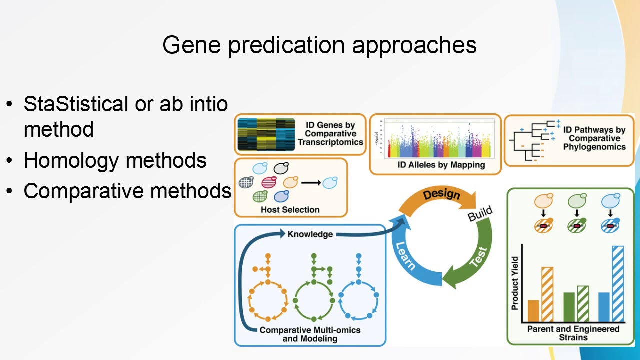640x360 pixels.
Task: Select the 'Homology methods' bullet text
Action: click(115, 160)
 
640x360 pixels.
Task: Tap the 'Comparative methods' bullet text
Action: click(127, 191)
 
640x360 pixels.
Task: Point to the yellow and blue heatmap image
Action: click(266, 134)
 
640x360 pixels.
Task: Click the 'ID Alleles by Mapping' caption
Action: click(435, 165)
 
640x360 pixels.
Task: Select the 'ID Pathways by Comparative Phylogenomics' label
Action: click(594, 138)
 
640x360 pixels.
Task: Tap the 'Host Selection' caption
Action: click(290, 210)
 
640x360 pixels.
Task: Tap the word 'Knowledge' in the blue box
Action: click(310, 234)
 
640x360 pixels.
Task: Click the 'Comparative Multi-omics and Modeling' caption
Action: click(310, 334)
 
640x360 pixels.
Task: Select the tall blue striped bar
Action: click(618, 284)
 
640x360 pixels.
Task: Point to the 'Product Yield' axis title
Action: click(515, 290)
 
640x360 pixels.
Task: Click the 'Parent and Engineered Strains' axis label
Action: click(573, 333)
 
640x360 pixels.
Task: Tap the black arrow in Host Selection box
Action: click(310, 183)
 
